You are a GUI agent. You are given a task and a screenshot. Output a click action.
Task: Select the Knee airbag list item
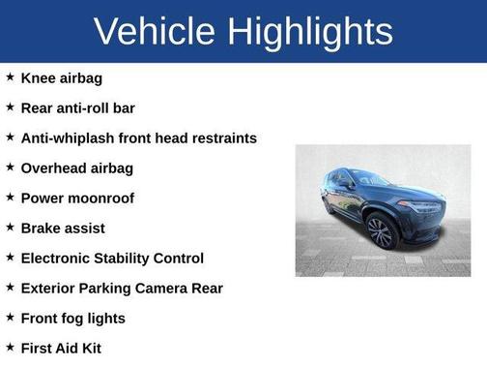tap(62, 77)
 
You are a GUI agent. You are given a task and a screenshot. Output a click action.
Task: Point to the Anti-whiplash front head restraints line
tap(138, 137)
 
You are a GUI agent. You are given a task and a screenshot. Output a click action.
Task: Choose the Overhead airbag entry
tap(77, 168)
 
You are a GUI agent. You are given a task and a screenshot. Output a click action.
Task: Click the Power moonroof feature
tap(77, 198)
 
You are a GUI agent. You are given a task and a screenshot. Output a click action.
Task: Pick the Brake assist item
tap(63, 228)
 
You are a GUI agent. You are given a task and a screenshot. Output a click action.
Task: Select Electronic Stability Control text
tap(112, 258)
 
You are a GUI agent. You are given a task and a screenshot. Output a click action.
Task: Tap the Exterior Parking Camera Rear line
tap(122, 288)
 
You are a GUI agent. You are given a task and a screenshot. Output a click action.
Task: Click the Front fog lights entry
tap(73, 318)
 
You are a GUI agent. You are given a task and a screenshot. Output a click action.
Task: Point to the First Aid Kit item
tap(61, 348)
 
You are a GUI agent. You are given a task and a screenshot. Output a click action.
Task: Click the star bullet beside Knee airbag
tap(11, 76)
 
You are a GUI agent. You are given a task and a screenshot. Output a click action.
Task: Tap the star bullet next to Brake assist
tap(11, 227)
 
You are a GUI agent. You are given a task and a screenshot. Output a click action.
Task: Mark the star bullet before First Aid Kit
tap(11, 347)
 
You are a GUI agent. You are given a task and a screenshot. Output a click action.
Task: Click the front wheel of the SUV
tap(381, 232)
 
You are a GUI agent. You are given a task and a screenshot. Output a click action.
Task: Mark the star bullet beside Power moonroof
tap(11, 197)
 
